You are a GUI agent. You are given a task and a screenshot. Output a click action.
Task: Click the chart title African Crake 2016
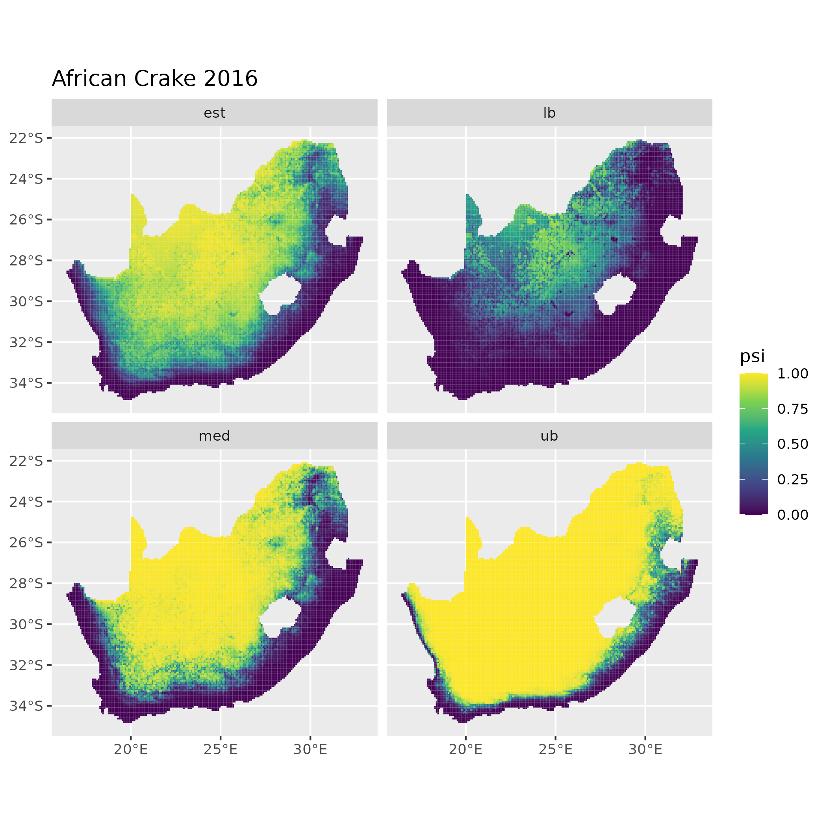(x=154, y=79)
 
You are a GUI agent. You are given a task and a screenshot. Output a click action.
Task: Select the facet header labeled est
(x=215, y=113)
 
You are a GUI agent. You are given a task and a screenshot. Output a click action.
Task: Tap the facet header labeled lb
(x=549, y=113)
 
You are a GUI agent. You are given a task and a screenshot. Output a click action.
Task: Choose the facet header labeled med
(x=215, y=436)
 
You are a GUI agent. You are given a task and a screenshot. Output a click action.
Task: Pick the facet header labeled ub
(x=549, y=436)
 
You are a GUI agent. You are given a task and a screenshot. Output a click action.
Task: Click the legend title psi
(x=752, y=356)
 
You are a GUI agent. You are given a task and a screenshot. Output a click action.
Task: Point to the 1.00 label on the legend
(x=792, y=374)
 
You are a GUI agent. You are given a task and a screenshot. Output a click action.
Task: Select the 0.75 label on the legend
(x=792, y=409)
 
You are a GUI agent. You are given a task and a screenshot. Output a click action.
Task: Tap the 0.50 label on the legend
(x=792, y=444)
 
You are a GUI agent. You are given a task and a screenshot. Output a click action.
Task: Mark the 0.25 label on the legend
(x=792, y=479)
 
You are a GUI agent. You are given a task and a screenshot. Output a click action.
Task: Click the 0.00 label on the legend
(x=792, y=515)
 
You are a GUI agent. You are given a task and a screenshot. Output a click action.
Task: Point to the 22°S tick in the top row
(x=26, y=138)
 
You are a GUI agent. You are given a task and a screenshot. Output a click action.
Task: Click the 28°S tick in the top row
(x=26, y=261)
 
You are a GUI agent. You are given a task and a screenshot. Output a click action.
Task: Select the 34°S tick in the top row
(x=26, y=383)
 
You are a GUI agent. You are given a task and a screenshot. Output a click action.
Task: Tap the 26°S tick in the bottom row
(x=26, y=543)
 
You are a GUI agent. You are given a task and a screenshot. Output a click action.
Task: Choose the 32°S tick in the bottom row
(x=26, y=665)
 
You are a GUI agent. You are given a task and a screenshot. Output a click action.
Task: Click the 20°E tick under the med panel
(x=131, y=749)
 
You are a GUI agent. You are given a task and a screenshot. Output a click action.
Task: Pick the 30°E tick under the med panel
(x=310, y=749)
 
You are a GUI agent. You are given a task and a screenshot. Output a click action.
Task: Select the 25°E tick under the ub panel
(x=555, y=749)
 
